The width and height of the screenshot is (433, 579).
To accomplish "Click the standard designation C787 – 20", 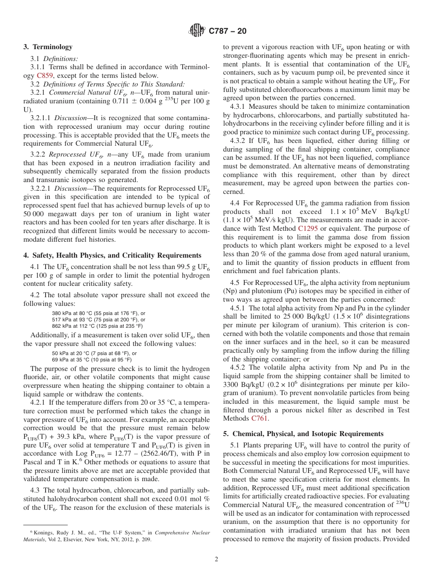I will click(227, 31).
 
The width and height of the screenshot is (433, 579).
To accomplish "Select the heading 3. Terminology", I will click(48, 47).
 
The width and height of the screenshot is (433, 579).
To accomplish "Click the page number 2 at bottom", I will click(216, 559).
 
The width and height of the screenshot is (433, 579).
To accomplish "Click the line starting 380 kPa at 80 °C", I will click(98, 313).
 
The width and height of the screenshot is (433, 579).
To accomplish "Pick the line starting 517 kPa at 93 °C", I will click(98, 320).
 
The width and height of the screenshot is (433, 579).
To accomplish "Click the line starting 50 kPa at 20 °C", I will click(94, 353).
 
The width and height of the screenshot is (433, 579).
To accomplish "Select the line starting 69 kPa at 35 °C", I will click(94, 360).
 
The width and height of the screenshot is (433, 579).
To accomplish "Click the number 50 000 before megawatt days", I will click(35, 214).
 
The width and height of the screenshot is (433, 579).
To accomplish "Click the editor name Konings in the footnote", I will click(42, 533).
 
